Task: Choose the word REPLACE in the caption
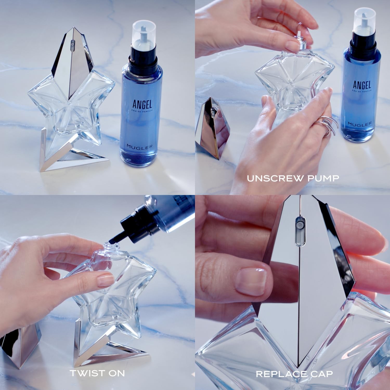pos(281,374)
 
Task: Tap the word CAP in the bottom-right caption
pos(321,374)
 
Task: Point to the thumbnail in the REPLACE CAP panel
pos(251,280)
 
